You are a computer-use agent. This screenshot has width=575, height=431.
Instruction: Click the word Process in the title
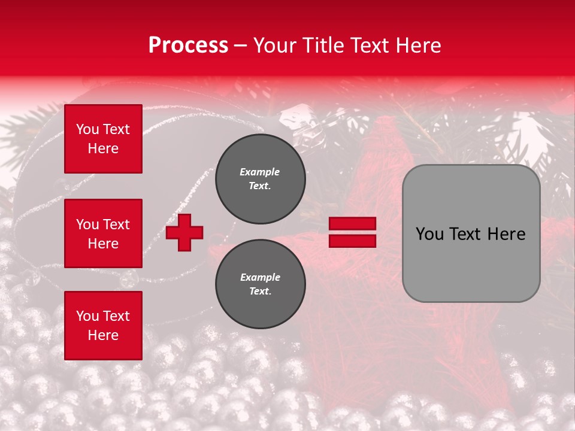coord(188,45)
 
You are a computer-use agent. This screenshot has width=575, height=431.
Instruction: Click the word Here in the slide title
coord(419,45)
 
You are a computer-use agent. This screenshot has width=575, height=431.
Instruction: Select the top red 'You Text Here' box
coord(103,139)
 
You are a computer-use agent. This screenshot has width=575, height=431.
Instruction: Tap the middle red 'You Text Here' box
coord(103,233)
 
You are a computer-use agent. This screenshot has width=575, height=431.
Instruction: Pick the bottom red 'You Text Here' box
coord(103,326)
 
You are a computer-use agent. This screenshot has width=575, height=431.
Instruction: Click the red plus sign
coord(184,232)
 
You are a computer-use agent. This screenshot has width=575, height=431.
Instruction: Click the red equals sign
coord(352,232)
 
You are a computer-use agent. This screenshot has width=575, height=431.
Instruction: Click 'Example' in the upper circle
coord(260,172)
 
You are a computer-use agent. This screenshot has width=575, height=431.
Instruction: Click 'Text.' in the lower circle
coord(260,292)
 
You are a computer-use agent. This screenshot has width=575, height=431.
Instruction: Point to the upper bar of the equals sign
coord(352,224)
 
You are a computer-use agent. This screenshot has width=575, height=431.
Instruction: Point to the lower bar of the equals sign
coord(352,241)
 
